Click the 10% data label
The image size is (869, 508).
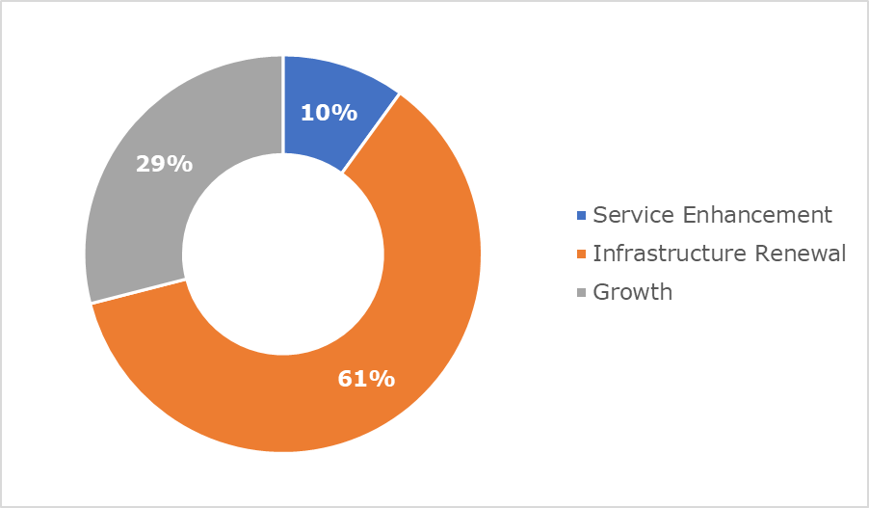click(329, 113)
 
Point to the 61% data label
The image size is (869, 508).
click(366, 379)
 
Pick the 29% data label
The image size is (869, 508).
click(164, 164)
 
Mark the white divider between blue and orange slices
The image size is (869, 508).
click(371, 133)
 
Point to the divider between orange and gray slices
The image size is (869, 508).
click(138, 291)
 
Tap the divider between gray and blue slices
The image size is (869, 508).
click(283, 104)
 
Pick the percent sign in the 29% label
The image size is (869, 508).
click(180, 164)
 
